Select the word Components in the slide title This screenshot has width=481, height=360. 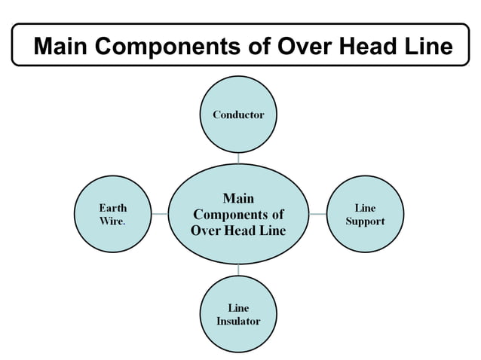point(168,47)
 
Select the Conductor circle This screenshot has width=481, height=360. point(238,114)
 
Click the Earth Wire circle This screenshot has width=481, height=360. point(113,214)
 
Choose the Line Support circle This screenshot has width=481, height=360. point(364,214)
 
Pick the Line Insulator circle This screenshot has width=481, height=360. point(238,313)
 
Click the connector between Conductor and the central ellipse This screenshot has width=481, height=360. point(238,158)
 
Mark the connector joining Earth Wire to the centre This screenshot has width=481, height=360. point(159,214)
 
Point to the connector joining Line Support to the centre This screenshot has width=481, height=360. point(317,214)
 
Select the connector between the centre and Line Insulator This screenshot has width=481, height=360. point(238,269)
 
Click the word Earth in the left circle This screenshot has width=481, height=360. point(113,207)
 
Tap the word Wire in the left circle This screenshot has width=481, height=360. point(112,221)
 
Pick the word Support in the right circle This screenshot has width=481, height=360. point(365,221)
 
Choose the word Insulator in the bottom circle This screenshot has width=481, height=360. point(238,321)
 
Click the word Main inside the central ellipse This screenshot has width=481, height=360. point(238,198)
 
